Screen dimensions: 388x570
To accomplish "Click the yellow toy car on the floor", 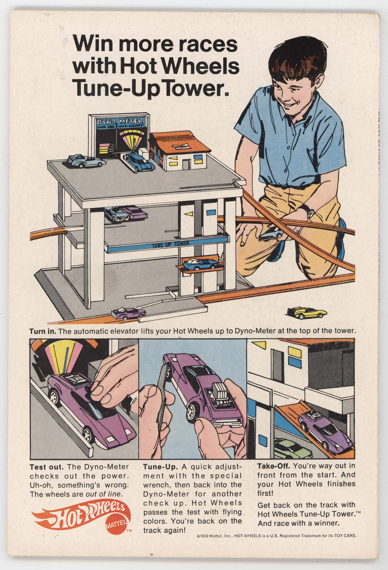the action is [x=307, y=312].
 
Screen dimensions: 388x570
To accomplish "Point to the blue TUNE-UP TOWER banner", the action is [x=167, y=245].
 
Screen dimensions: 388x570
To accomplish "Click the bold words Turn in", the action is [x=42, y=331].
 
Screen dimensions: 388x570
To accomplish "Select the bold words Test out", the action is [x=46, y=467].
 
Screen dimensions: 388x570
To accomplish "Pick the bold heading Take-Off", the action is [x=273, y=466].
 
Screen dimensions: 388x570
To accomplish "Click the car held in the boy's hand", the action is [x=271, y=234].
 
